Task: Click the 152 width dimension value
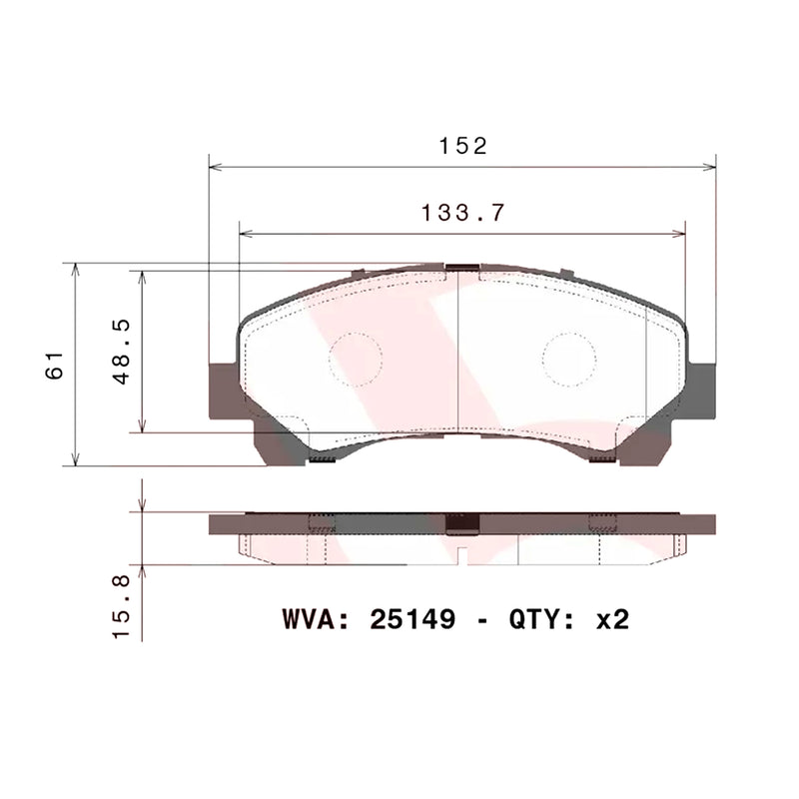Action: [462, 146]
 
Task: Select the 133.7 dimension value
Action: [462, 212]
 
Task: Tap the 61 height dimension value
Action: [57, 365]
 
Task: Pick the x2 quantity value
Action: [611, 619]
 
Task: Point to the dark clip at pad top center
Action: [462, 267]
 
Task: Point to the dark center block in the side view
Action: [462, 522]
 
